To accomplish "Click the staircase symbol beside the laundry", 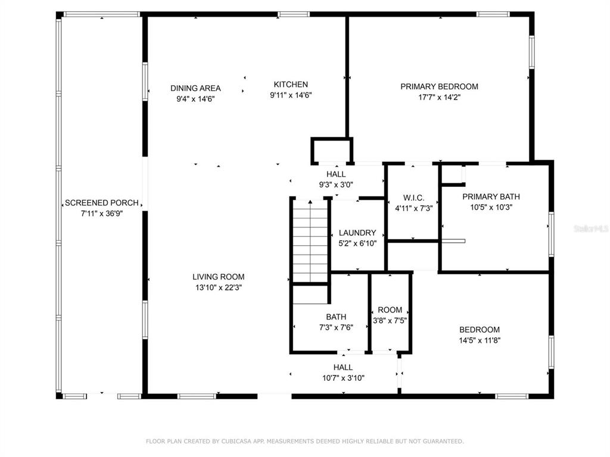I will point(310,241).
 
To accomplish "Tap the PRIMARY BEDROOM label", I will point(439,86).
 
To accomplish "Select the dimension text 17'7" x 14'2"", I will point(439,97).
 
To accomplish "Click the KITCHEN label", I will point(291,84).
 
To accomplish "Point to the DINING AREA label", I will point(195,88).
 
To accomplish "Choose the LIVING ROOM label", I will point(218,277).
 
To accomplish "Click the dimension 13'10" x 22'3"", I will point(218,287).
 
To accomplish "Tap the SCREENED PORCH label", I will point(102,203).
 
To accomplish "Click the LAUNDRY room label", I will point(357,233).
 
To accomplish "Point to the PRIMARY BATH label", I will point(491,196).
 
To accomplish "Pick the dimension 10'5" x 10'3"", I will point(491,208).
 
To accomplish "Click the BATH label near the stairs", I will point(336,317).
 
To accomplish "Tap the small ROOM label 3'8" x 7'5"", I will point(390,310).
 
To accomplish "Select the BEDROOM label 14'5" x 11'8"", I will point(480,330).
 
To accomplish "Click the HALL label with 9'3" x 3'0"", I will point(336,174).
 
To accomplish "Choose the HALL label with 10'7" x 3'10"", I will point(343,367).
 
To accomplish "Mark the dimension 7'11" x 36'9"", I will point(102,214).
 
